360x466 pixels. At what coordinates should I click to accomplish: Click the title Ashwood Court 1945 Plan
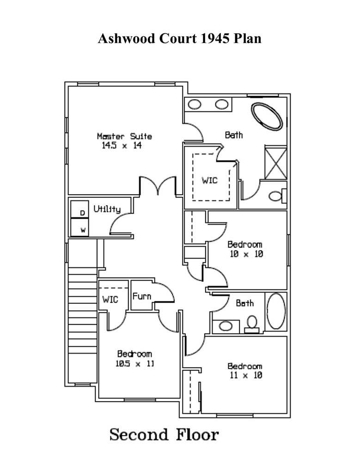click(179, 38)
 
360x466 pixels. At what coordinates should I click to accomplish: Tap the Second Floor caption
click(164, 435)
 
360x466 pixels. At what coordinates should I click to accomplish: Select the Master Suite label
click(124, 136)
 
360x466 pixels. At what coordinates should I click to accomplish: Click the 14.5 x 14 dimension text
click(121, 146)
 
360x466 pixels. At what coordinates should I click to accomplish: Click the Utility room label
click(107, 209)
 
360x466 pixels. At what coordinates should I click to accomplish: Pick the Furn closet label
click(141, 296)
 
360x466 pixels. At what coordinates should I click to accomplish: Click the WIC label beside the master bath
click(209, 180)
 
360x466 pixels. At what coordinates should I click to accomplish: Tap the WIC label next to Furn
click(110, 299)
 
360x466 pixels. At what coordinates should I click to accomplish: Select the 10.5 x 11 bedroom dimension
click(134, 363)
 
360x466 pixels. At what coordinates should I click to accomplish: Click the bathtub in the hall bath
click(276, 311)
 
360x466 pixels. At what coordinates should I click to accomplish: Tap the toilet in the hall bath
click(252, 323)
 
